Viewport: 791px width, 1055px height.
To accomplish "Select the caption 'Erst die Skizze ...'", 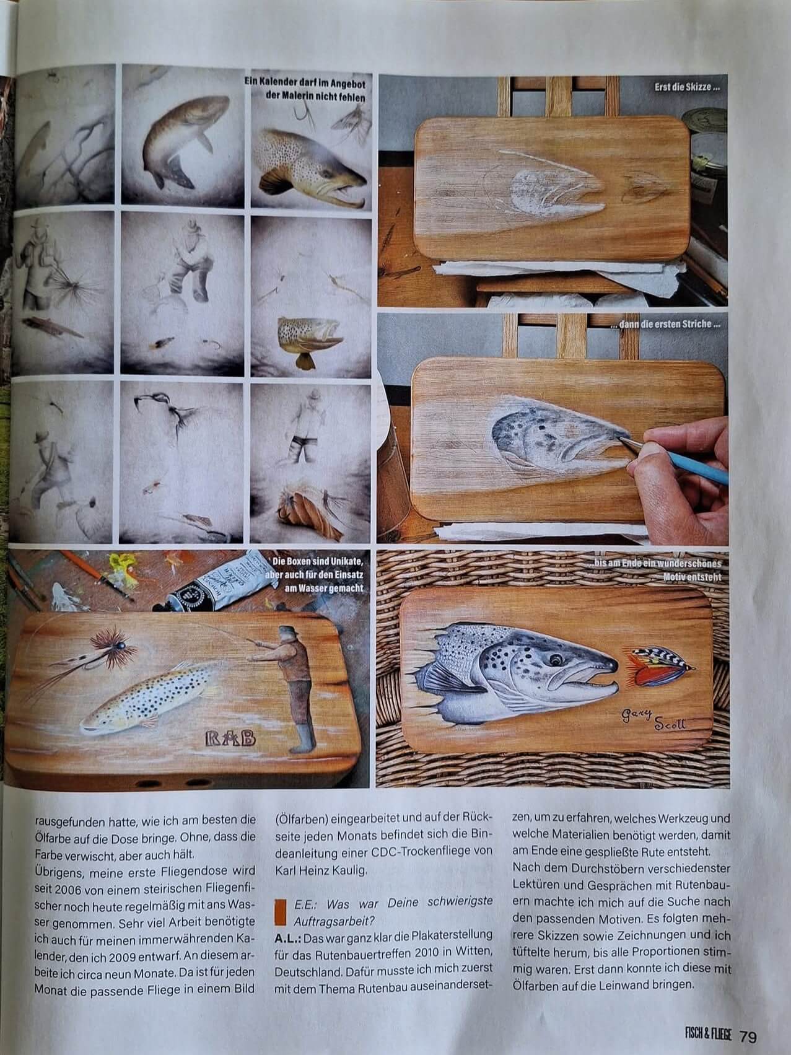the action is click(687, 88).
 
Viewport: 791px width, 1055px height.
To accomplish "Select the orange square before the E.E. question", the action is click(279, 916).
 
